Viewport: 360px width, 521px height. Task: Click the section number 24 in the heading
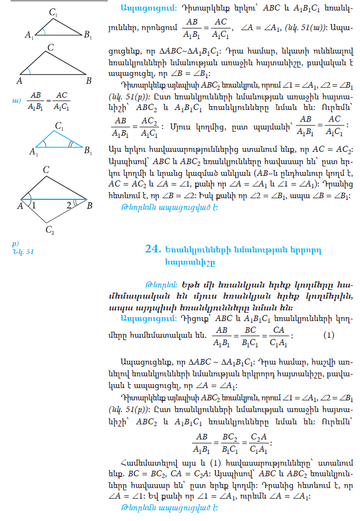pyautogui.click(x=152, y=250)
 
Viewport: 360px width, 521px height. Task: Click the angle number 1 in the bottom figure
pyautogui.click(x=33, y=206)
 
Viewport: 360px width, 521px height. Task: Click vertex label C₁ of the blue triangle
pyautogui.click(x=59, y=127)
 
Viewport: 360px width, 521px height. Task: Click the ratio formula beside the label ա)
pyautogui.click(x=49, y=101)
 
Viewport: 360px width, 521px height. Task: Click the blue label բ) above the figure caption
pyautogui.click(x=15, y=243)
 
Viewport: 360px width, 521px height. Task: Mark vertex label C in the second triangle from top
pyautogui.click(x=50, y=49)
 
